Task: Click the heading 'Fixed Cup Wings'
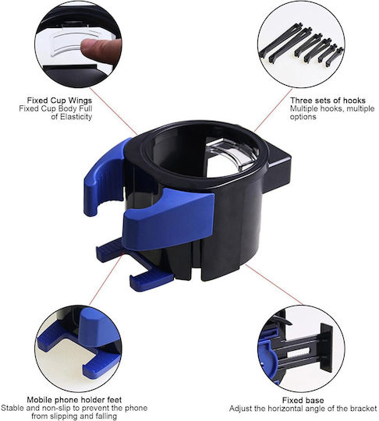[59, 101]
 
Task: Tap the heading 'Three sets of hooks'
[328, 101]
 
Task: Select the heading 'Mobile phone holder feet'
[74, 400]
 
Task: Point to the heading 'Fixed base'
[303, 400]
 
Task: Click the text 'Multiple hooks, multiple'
[332, 108]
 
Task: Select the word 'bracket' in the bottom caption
[363, 409]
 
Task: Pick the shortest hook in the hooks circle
[334, 57]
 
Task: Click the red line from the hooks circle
[273, 111]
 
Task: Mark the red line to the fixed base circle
[275, 285]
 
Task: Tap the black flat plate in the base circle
[326, 347]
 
